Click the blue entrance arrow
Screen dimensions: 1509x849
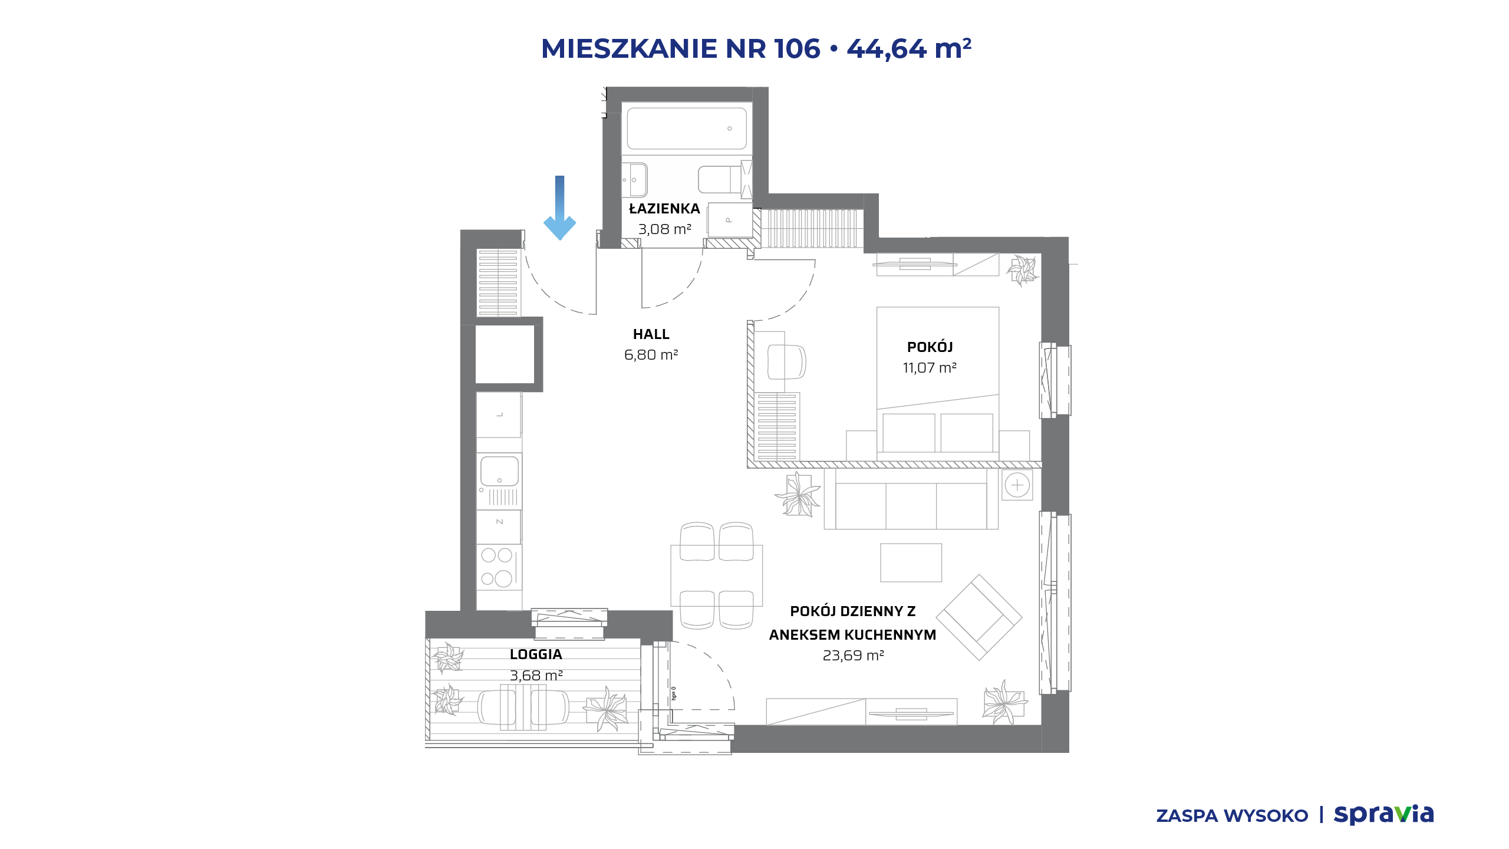click(x=559, y=208)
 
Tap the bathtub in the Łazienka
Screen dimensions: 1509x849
click(x=687, y=129)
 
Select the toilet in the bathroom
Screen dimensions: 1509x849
click(x=720, y=179)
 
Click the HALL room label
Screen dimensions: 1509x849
click(x=651, y=334)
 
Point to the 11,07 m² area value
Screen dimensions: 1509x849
click(x=930, y=368)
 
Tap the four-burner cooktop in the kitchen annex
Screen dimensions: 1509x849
click(x=499, y=567)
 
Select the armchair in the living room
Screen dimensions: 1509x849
click(x=979, y=617)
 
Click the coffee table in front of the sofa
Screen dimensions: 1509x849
click(x=911, y=562)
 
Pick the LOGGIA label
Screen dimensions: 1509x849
click(x=536, y=654)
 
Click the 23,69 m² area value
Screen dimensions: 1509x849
click(x=853, y=656)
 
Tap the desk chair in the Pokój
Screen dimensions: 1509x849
click(x=786, y=361)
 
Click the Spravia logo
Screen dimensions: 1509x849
click(x=1383, y=815)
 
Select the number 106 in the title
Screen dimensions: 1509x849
click(x=797, y=48)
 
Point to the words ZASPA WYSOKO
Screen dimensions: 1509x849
click(x=1232, y=816)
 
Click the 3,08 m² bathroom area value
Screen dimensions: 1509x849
click(x=664, y=229)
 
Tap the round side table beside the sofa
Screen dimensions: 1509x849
click(x=1017, y=485)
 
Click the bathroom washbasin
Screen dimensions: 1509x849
click(x=635, y=179)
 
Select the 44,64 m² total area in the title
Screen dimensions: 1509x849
click(x=909, y=48)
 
